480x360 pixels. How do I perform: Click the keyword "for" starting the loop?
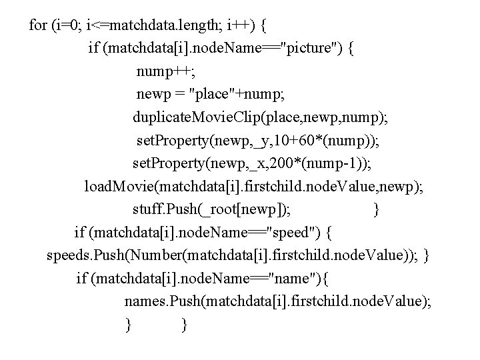tap(39, 26)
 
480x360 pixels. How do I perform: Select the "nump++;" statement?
tap(162, 71)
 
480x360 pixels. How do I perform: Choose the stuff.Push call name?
tap(164, 210)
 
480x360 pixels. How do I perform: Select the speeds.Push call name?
tap(77, 255)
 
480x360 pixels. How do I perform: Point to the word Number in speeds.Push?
tap(137, 255)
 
